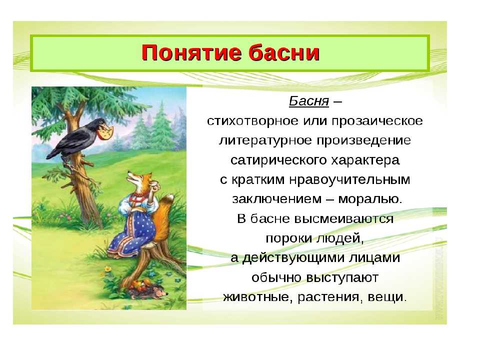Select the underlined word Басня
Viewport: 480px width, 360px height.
point(309,100)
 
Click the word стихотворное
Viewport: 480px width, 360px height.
point(252,121)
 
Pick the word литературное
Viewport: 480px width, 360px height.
point(265,140)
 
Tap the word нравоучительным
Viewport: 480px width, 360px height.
point(349,179)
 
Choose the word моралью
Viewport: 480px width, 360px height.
point(370,199)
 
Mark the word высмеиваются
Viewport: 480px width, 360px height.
point(344,219)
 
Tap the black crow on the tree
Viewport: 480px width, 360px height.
point(77,138)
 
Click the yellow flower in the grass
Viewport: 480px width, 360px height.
point(108,269)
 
